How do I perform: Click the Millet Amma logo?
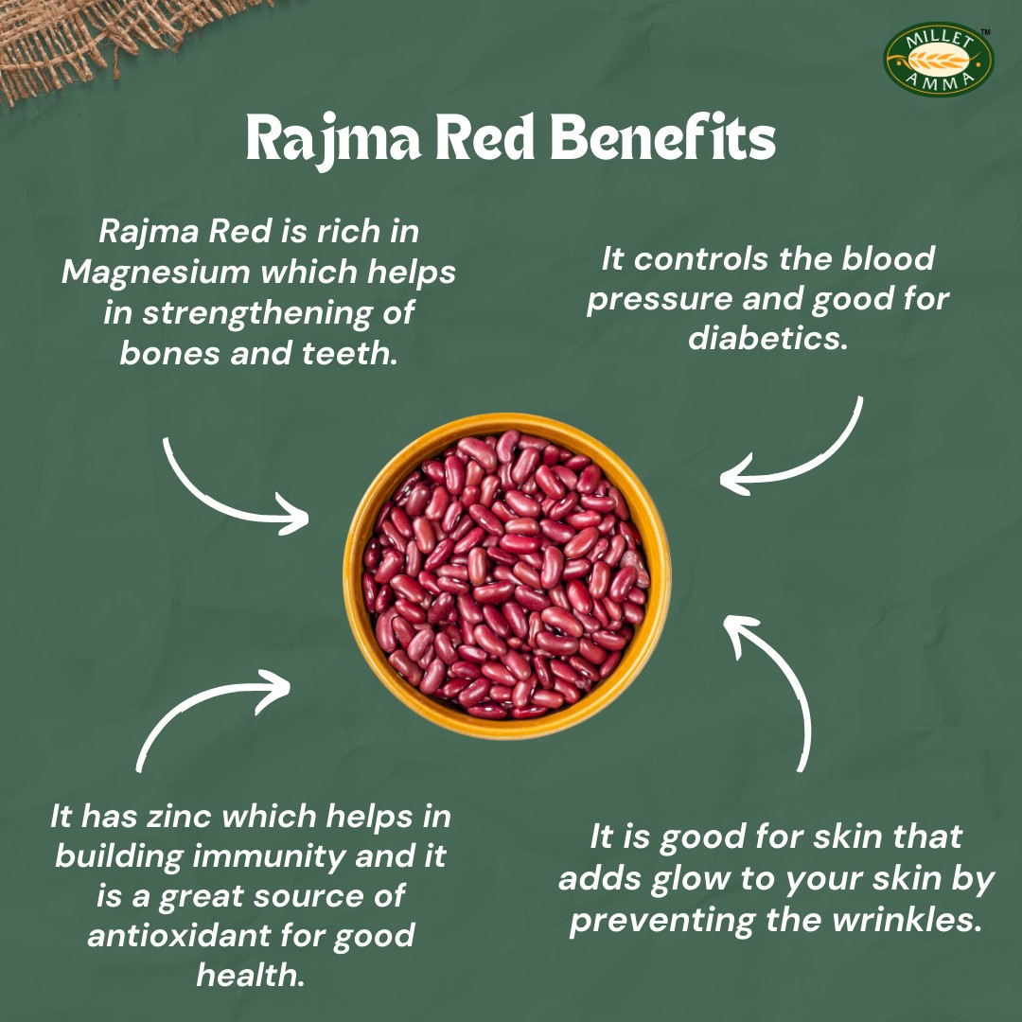938,60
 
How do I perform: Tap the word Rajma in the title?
333,139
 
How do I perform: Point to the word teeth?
349,353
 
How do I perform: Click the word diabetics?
767,338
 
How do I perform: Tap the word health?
251,975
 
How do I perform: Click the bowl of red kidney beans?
506,575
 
